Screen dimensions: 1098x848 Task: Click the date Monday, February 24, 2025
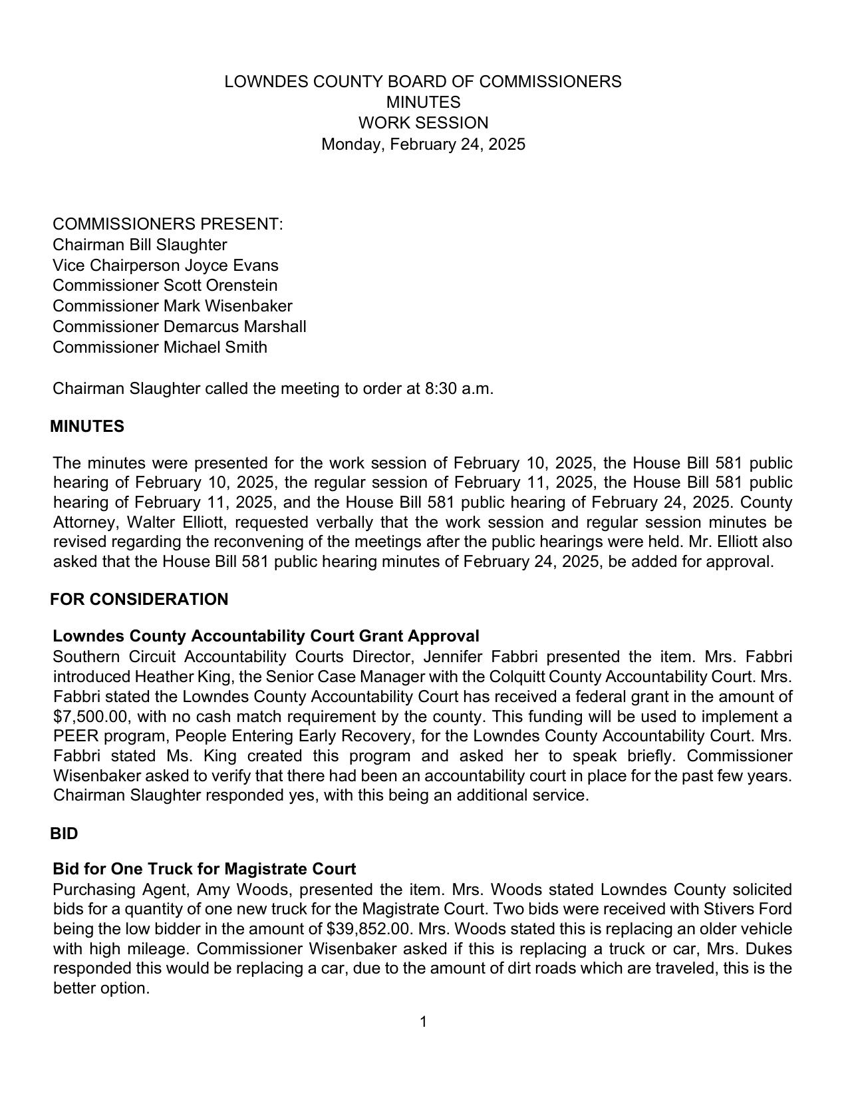click(x=423, y=144)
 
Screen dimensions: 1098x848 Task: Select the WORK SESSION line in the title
click(x=423, y=123)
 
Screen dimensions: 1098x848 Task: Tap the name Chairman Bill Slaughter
click(x=140, y=245)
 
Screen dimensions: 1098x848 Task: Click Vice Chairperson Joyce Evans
click(x=166, y=266)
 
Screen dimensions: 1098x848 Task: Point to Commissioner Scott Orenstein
click(x=165, y=285)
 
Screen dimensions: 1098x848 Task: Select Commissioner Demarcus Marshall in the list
click(x=179, y=327)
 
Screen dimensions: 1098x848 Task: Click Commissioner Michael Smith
click(x=160, y=347)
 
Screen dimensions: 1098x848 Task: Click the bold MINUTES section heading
click(x=87, y=427)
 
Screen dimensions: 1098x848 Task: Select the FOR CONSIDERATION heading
click(x=139, y=600)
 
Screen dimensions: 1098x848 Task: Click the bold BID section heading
click(x=64, y=834)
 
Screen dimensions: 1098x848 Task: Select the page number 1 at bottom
click(x=423, y=1021)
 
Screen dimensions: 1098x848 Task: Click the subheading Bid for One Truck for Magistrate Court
click(x=204, y=869)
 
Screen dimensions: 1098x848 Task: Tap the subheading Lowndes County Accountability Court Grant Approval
click(x=265, y=636)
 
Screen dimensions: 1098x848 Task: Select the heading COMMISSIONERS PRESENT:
click(x=168, y=224)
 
